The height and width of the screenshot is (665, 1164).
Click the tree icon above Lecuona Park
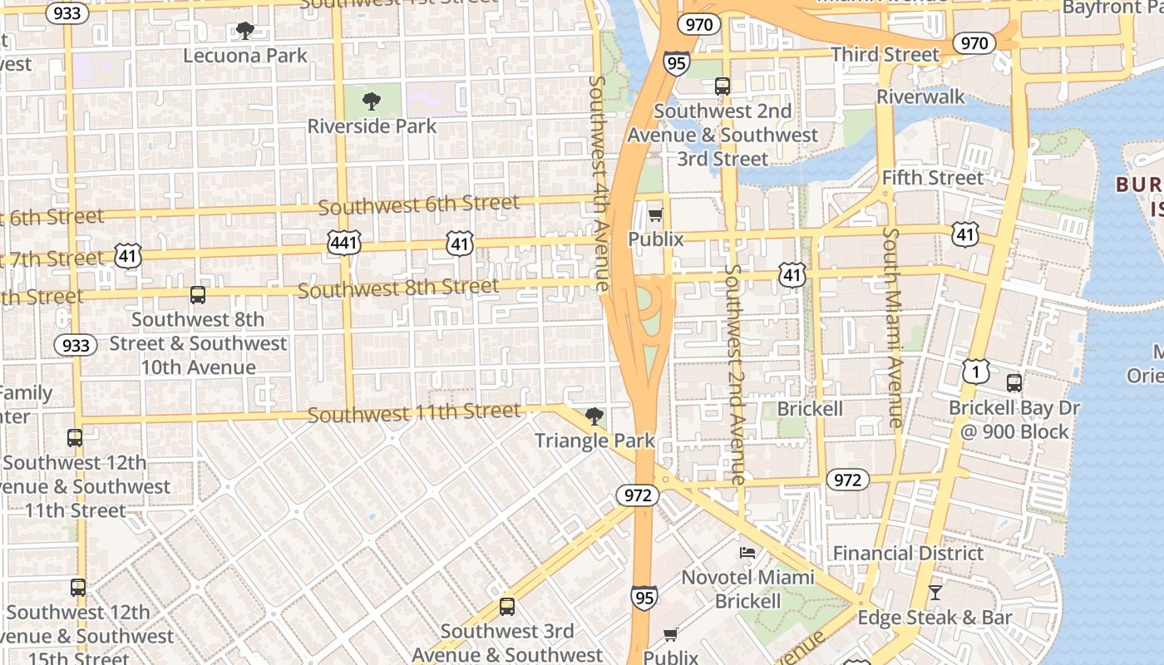tap(244, 31)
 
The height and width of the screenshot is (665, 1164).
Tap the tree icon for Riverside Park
tap(372, 101)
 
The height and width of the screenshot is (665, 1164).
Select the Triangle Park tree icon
tap(594, 416)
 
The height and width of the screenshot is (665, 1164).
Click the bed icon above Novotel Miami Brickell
tap(747, 552)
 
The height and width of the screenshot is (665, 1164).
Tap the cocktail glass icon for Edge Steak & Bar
tap(935, 593)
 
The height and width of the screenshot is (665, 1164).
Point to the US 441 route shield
tap(343, 244)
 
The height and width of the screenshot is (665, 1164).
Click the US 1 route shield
tap(976, 372)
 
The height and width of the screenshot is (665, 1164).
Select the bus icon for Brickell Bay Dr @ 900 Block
tap(1014, 382)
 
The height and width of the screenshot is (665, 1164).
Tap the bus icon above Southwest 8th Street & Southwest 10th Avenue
tap(197, 294)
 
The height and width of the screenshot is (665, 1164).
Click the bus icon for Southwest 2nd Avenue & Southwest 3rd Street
tap(722, 86)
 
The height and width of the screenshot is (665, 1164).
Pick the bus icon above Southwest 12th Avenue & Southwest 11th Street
tap(75, 437)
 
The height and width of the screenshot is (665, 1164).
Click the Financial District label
tap(908, 554)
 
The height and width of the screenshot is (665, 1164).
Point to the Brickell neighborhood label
tap(809, 409)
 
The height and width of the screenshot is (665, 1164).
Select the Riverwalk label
tap(920, 97)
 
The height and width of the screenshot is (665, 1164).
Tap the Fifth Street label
tap(932, 178)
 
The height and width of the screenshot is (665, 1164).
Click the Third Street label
tap(885, 55)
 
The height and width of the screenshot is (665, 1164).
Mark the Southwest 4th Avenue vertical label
tap(599, 183)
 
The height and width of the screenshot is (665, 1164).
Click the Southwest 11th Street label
tap(414, 413)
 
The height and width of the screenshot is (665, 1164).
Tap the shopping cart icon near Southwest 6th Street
tap(655, 215)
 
